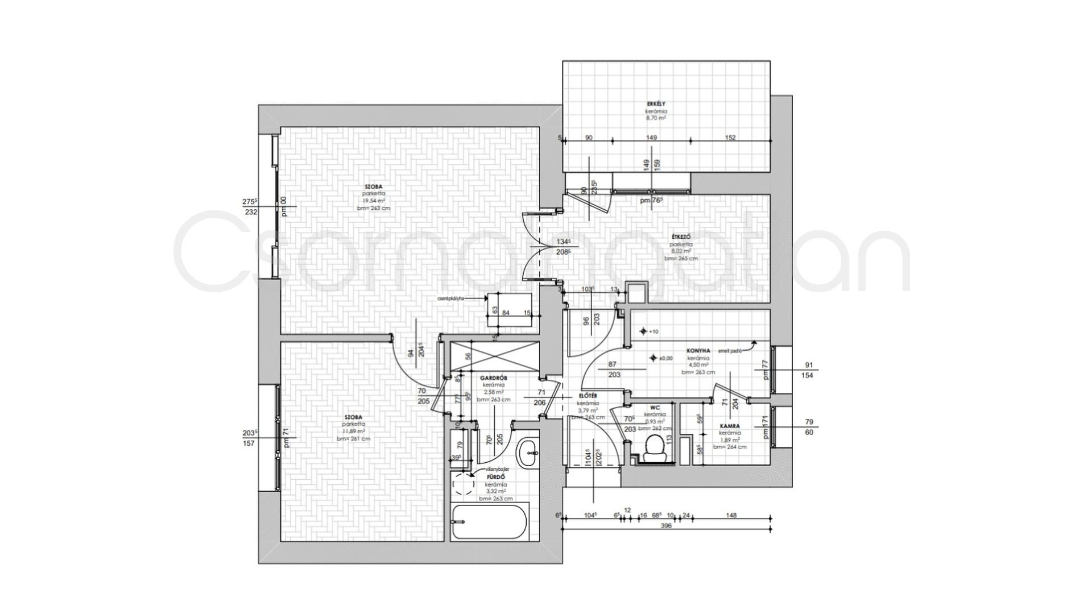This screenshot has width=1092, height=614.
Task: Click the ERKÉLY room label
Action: tap(656, 104)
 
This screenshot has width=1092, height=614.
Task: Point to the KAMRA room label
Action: tap(729, 425)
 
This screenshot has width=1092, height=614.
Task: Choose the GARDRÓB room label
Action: tap(489, 377)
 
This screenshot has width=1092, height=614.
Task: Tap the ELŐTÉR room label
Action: tap(588, 395)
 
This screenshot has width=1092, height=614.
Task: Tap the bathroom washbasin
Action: tap(530, 453)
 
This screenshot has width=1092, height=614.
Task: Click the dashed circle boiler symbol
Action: tap(463, 484)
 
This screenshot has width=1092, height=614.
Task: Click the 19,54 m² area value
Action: tap(374, 201)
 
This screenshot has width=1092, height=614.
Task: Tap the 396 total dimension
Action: tap(667, 526)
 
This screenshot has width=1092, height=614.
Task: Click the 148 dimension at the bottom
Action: tap(731, 516)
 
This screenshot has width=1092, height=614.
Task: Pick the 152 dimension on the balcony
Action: tap(730, 138)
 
